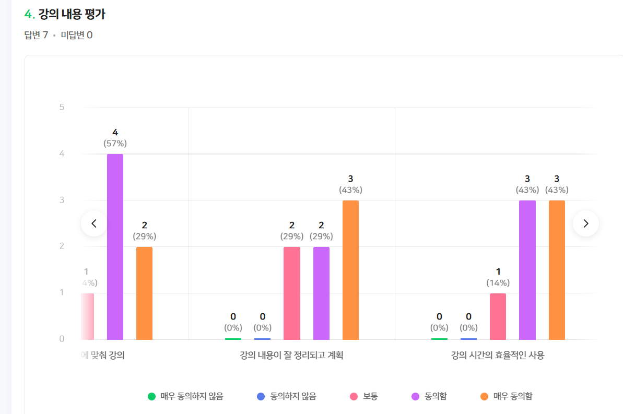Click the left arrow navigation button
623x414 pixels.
click(94, 223)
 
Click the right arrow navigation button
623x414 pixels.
click(585, 223)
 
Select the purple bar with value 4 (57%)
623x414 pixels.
click(115, 247)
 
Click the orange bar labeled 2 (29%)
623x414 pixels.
click(144, 293)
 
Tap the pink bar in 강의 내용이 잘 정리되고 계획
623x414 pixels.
click(292, 293)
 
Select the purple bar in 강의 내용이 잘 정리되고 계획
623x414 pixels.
click(321, 293)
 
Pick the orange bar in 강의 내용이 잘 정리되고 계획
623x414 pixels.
click(350, 270)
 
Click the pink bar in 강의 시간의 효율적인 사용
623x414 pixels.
click(498, 316)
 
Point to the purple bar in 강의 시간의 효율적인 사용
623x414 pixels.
click(527, 270)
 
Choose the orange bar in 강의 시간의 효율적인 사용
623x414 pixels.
click(557, 270)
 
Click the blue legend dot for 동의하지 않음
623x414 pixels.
click(261, 396)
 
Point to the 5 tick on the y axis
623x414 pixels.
click(62, 107)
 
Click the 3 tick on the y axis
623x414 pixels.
click(62, 200)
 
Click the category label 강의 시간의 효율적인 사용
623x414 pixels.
click(498, 356)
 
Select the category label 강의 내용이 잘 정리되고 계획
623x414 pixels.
click(291, 356)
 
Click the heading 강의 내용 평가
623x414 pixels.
click(72, 14)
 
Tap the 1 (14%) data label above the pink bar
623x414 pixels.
click(498, 277)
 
